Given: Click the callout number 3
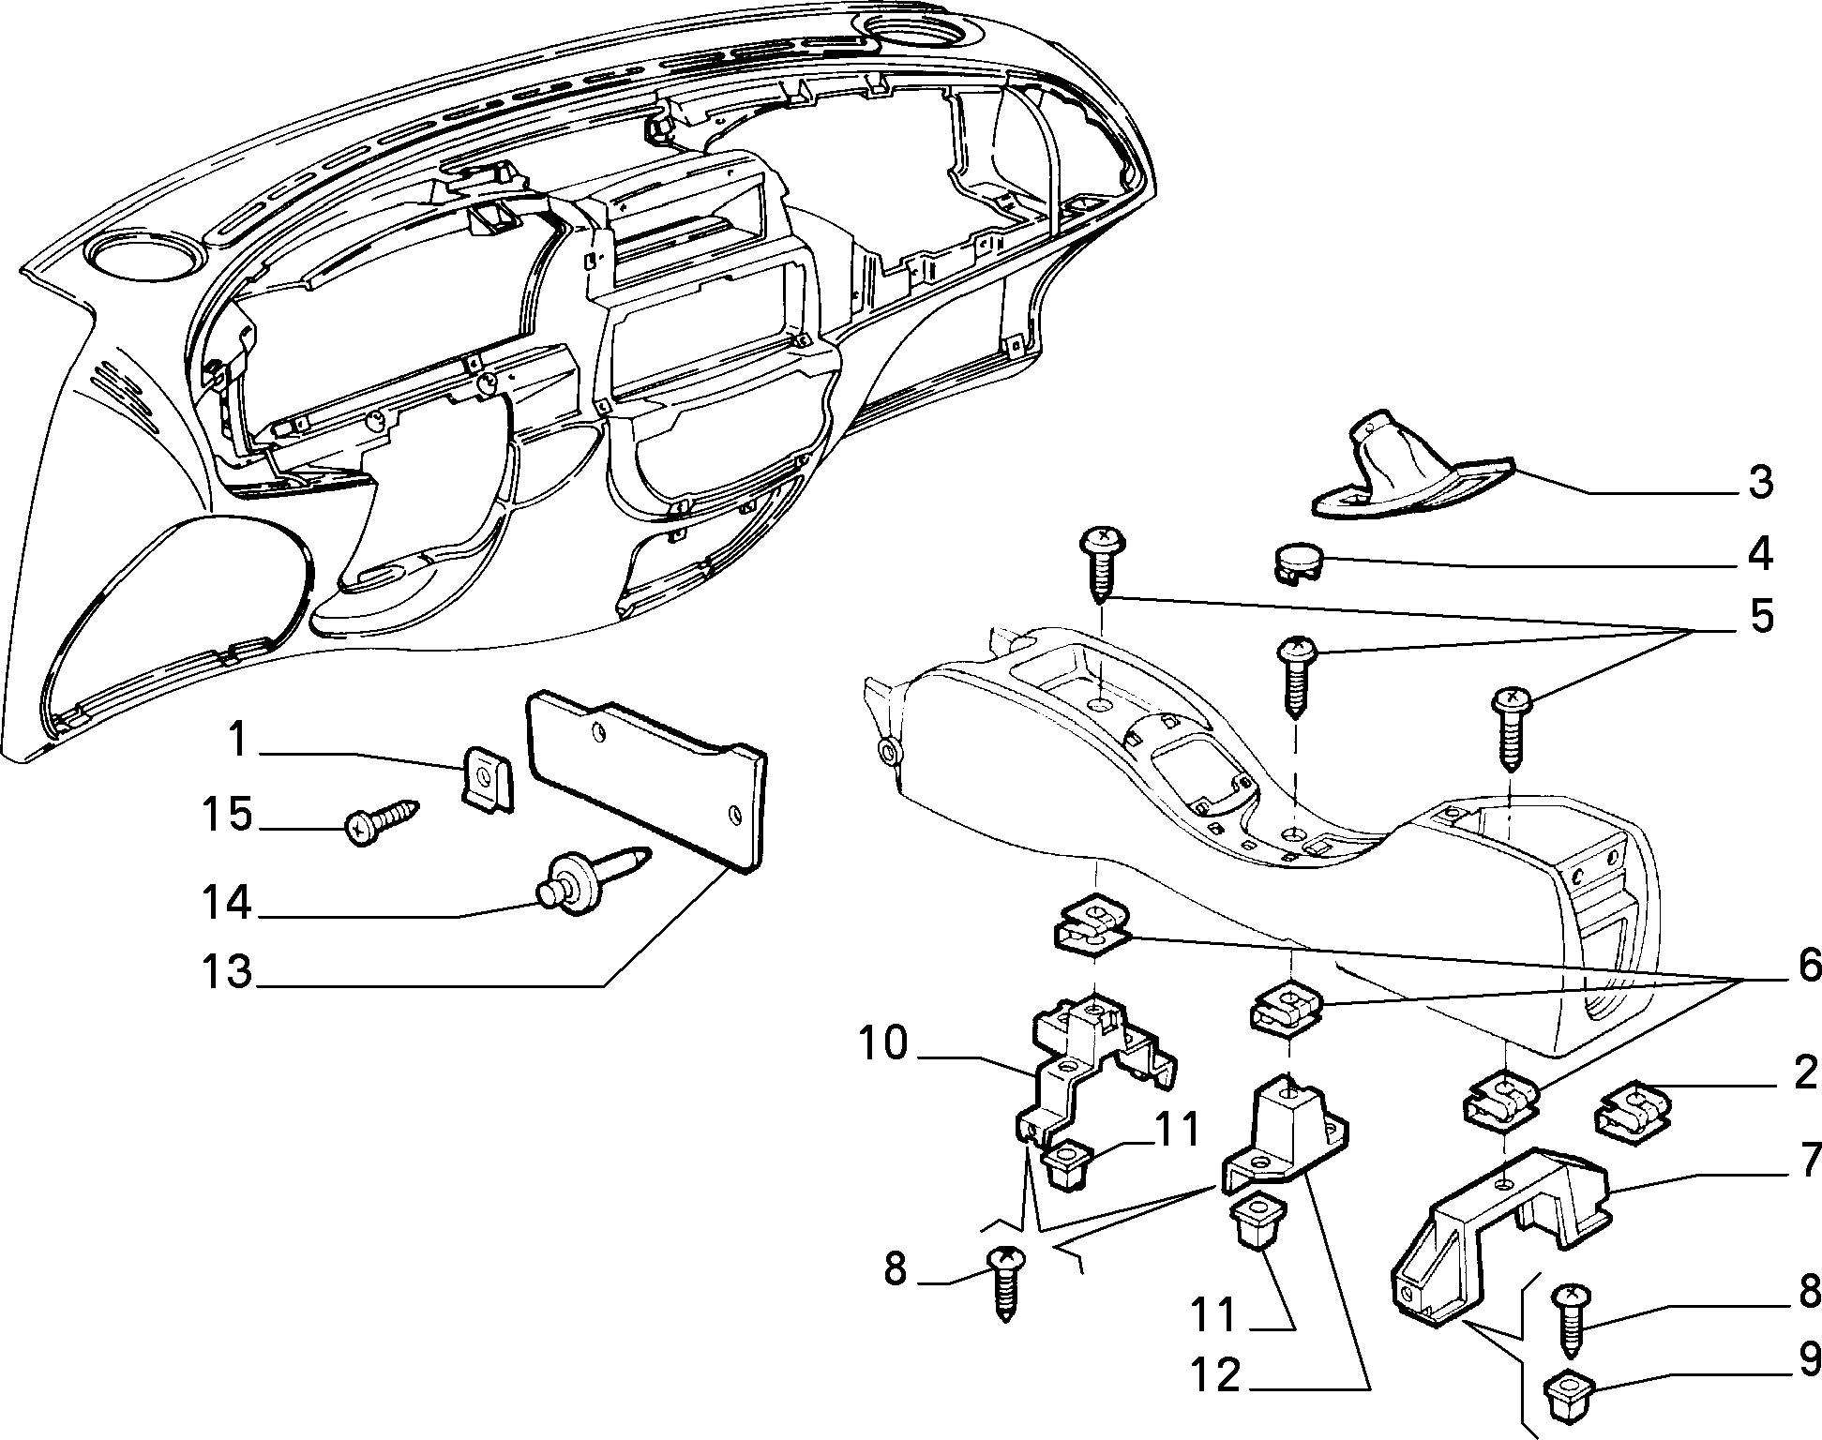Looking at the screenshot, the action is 1761,481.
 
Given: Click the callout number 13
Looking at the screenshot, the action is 228,970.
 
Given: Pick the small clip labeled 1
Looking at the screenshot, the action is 489,778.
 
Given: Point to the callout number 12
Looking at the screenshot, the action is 1215,1376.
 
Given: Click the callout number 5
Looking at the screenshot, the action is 1761,618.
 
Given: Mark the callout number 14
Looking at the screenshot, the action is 228,903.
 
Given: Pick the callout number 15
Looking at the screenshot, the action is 228,814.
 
